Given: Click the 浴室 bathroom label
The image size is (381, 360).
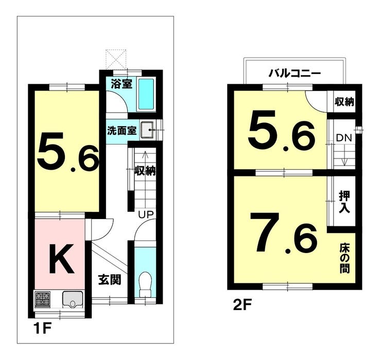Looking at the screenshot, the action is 122,84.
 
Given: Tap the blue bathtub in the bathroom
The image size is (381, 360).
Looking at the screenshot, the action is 146,95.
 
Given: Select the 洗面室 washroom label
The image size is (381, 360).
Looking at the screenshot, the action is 122,131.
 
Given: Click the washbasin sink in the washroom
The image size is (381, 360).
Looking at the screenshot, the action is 147,130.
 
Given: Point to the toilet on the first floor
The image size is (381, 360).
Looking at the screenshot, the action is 145,284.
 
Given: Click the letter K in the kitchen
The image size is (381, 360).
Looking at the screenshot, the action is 61,259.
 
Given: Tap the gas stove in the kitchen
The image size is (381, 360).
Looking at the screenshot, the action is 43,300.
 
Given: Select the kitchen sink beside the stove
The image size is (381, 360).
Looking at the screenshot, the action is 73,300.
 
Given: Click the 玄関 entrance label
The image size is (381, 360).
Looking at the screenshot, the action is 110,280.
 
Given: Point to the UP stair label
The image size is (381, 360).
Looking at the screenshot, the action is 146,214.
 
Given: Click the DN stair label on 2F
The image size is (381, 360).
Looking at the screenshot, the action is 344,138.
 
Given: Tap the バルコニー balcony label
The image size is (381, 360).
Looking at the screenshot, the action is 295,73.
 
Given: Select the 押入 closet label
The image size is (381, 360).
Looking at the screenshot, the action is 344,202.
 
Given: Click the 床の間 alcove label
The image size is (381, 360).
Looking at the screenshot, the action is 344,258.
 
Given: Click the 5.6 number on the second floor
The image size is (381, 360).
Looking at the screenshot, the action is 282,131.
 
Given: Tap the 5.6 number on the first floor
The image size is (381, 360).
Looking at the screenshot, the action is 68,153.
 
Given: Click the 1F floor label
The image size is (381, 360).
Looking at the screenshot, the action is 43,329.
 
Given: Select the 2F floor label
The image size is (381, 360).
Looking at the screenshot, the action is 243,304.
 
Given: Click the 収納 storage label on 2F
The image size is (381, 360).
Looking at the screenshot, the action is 344,102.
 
